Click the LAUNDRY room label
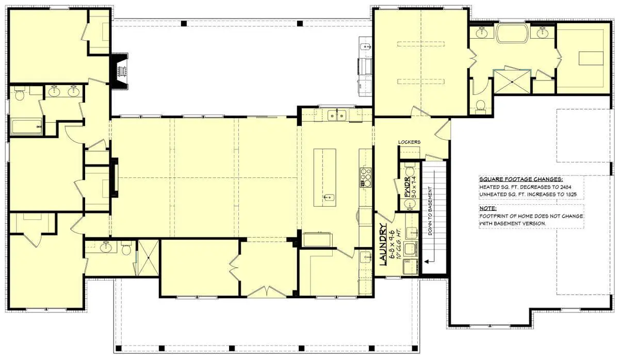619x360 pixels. click(x=383, y=244)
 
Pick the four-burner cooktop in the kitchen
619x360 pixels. click(x=366, y=177)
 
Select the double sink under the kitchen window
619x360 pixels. click(x=336, y=115)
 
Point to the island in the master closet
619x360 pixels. click(x=590, y=58)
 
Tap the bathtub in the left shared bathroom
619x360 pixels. click(x=26, y=127)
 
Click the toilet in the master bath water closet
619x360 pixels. click(x=481, y=106)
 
